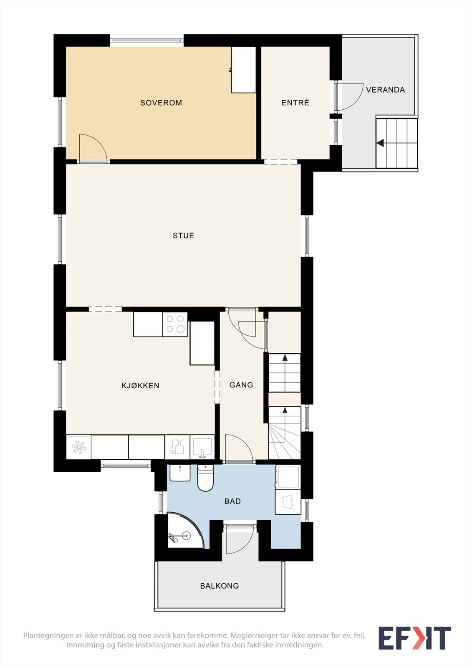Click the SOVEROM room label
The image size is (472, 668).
coord(161,103)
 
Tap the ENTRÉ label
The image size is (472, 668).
coord(295,103)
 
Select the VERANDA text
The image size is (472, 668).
coord(385,90)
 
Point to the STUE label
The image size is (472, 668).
coord(183,235)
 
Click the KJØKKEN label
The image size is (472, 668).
coord(140,386)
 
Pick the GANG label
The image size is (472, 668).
coord(241,385)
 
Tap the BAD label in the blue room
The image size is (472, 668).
coord(232,501)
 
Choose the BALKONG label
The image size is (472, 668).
coord(220,586)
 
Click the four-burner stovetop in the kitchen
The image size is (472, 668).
coord(175,324)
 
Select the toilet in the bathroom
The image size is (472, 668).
coord(205,478)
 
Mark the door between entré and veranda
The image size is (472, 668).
coord(349,97)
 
